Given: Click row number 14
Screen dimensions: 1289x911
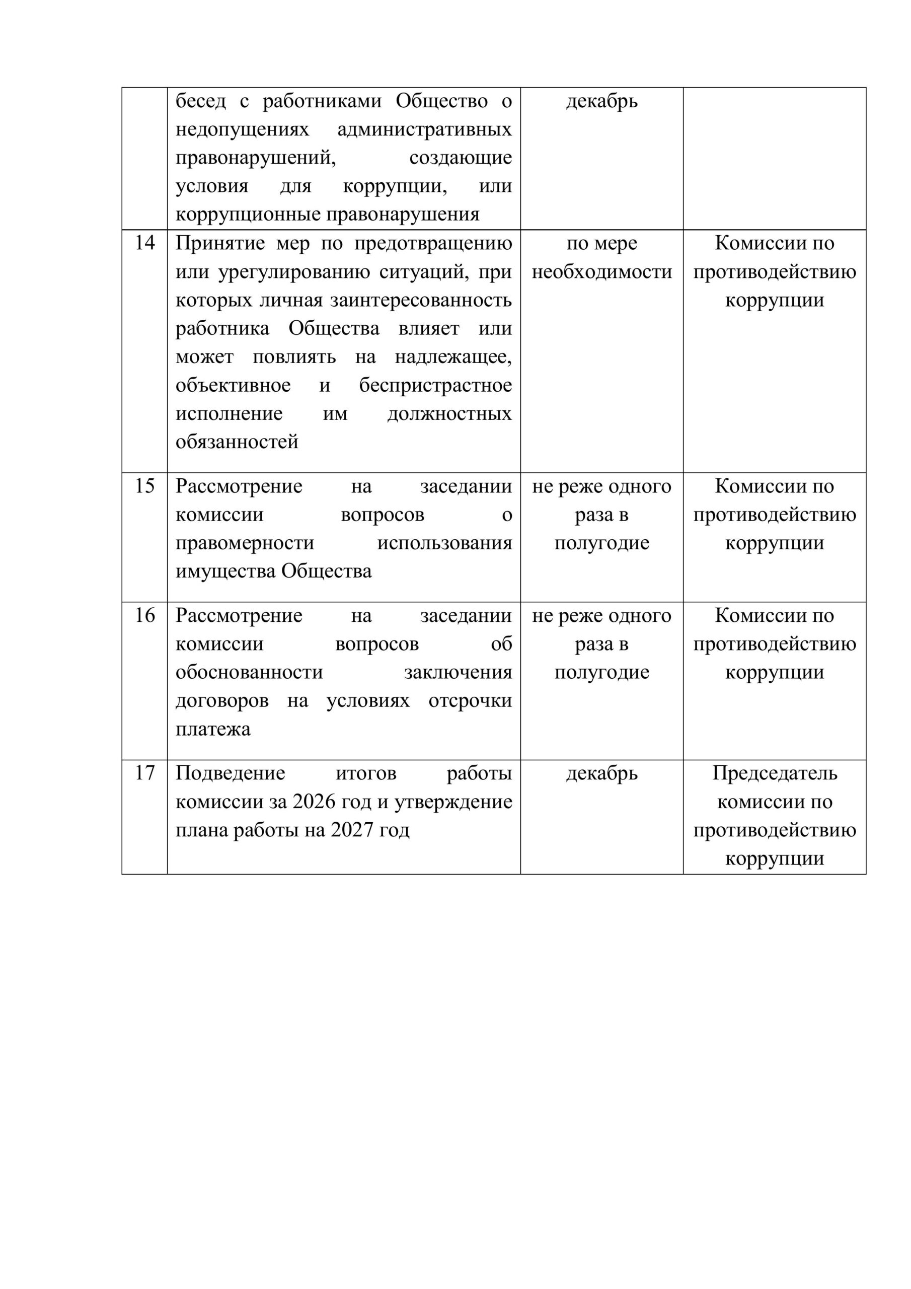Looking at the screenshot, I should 144,243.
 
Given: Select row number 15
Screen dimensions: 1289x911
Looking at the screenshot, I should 144,486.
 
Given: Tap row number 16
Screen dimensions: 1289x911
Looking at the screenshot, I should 144,616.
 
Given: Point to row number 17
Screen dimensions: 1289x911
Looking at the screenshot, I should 144,773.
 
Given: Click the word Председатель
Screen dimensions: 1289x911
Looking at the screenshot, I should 775,773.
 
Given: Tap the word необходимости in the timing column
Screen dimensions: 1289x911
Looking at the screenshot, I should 602,272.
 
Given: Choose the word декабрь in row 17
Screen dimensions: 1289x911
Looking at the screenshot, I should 602,773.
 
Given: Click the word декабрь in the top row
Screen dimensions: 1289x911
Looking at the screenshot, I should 602,102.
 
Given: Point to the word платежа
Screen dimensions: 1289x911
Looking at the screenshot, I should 213,729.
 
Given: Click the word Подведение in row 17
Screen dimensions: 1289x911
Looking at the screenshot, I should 230,773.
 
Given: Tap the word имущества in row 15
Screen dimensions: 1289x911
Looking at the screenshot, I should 225,571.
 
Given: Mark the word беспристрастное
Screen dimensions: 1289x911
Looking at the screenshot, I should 435,386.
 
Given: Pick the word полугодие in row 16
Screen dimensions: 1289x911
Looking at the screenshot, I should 602,673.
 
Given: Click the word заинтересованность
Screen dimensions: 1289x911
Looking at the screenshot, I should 420,301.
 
